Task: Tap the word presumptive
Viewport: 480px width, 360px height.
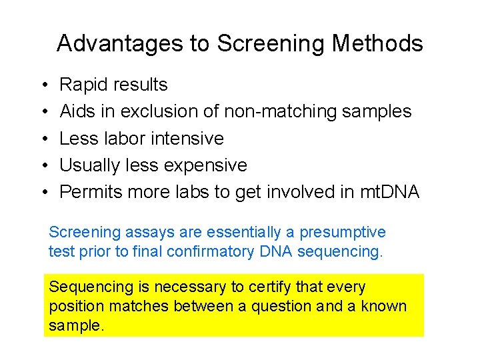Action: click(x=343, y=233)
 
